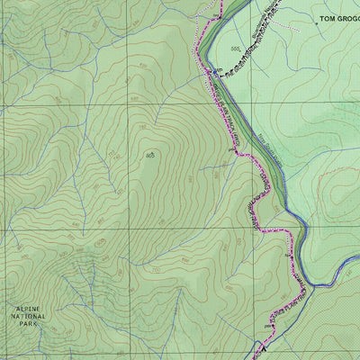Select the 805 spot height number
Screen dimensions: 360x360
coord(149,156)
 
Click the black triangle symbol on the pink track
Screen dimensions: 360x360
coord(290,256)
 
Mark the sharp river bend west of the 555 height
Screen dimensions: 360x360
coord(200,54)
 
